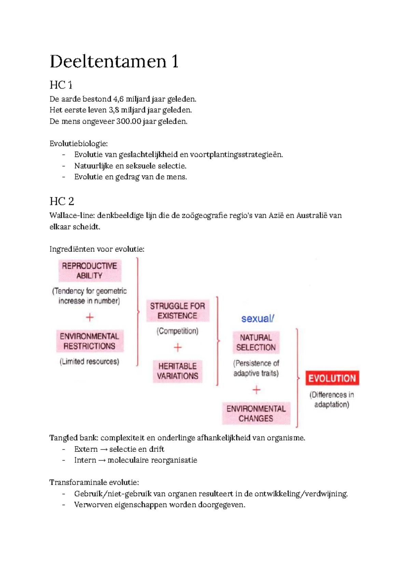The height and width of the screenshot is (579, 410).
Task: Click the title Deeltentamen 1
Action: click(114, 62)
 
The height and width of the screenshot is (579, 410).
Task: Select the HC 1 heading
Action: click(61, 85)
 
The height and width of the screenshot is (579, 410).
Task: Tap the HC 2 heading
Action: click(62, 201)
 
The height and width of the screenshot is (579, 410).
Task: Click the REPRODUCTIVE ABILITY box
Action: click(90, 270)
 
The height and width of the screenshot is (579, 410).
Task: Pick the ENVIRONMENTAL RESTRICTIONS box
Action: click(90, 341)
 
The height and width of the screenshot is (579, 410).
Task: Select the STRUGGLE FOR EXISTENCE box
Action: click(177, 311)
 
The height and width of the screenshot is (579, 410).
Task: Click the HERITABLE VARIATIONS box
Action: click(177, 371)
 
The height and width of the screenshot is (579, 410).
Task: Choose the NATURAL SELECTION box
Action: click(256, 342)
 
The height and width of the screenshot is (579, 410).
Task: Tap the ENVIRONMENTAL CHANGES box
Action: click(256, 413)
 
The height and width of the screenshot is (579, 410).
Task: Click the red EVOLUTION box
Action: click(332, 378)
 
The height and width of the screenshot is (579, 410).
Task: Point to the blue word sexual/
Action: click(258, 319)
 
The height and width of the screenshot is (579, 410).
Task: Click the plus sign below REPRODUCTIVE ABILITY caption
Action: click(90, 317)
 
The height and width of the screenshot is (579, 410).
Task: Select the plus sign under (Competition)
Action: click(177, 348)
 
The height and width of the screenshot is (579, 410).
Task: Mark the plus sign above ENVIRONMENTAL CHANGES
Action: click(256, 390)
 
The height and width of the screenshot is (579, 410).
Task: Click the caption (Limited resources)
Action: click(90, 361)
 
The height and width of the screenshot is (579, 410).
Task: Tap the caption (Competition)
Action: click(177, 331)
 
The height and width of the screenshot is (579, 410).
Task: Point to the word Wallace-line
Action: click(72, 215)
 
